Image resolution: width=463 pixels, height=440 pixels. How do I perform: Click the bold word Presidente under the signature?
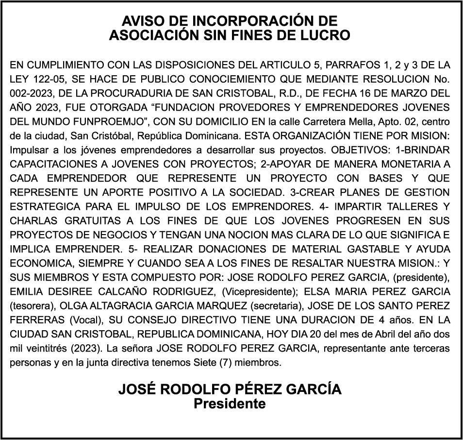click(230, 404)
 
